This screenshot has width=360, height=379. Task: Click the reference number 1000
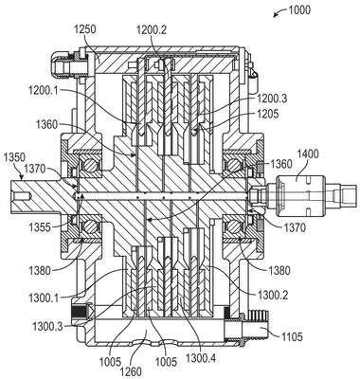[299, 9]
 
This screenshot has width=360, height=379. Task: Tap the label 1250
[85, 30]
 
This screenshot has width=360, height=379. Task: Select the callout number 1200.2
[152, 30]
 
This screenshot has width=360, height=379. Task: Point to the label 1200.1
[44, 91]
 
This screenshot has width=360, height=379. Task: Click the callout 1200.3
[272, 99]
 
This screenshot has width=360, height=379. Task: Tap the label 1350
[13, 157]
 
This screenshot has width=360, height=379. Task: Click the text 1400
[308, 154]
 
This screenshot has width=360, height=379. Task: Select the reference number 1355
[40, 227]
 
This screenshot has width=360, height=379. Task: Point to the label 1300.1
[44, 298]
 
